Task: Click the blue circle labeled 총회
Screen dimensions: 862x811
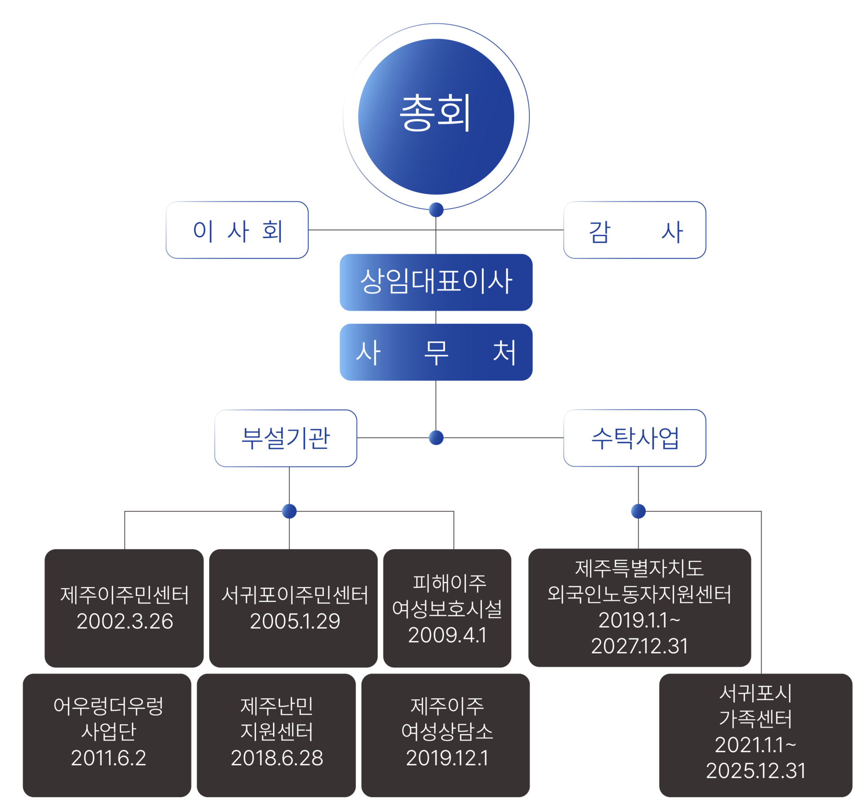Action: pyautogui.click(x=436, y=117)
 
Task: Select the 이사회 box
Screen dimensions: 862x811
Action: pyautogui.click(x=237, y=230)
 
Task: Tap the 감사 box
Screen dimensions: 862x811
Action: pyautogui.click(x=635, y=230)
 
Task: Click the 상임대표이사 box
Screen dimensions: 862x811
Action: pyautogui.click(x=436, y=282)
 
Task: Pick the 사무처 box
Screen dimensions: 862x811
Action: pyautogui.click(x=436, y=352)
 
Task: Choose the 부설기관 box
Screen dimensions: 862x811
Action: pyautogui.click(x=286, y=438)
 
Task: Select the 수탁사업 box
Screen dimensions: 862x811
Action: pyautogui.click(x=635, y=438)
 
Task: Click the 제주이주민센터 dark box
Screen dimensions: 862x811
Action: pyautogui.click(x=124, y=608)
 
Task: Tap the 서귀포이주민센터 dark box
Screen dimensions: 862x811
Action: pyautogui.click(x=293, y=608)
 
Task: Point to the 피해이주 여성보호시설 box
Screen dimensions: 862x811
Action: pyautogui.click(x=447, y=608)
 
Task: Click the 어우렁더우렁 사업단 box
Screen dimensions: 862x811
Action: pyautogui.click(x=107, y=735)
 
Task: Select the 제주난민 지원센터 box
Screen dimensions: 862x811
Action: pyautogui.click(x=276, y=735)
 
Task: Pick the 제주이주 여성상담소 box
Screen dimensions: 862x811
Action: pyautogui.click(x=445, y=735)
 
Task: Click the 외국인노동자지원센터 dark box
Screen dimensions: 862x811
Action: pyautogui.click(x=640, y=608)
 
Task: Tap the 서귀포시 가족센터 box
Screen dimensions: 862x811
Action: pyautogui.click(x=756, y=735)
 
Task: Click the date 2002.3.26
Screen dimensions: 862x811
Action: pyautogui.click(x=125, y=621)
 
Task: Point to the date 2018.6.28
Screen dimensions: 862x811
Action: pyautogui.click(x=277, y=758)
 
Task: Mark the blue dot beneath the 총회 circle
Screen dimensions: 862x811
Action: pyautogui.click(x=436, y=209)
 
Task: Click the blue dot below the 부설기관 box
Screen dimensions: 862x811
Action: pyautogui.click(x=289, y=511)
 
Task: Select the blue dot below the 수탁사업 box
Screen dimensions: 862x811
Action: pyautogui.click(x=638, y=511)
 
